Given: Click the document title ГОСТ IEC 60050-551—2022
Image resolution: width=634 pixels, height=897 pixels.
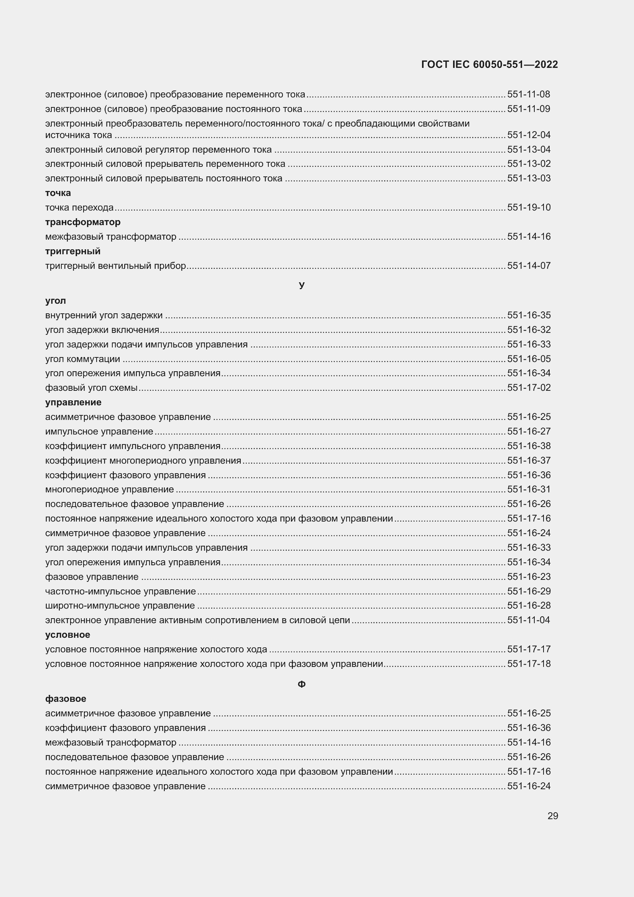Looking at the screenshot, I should [x=489, y=64].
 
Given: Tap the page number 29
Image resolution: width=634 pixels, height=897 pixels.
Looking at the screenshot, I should [x=552, y=816].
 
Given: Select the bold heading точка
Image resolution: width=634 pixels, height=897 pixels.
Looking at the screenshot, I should [x=58, y=193].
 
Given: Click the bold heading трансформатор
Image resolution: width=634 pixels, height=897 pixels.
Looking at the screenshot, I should [x=83, y=222].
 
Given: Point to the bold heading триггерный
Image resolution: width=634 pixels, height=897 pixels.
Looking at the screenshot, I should [x=73, y=251].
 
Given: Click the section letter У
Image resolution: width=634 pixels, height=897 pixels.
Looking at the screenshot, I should [x=301, y=285].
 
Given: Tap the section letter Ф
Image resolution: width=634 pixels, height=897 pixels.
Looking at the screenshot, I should [x=301, y=684].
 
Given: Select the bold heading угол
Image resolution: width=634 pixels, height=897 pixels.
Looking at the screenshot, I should [x=56, y=301].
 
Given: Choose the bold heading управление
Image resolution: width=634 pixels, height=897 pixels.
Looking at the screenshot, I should [x=73, y=402].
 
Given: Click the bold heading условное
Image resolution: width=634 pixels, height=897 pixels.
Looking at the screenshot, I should [x=67, y=635].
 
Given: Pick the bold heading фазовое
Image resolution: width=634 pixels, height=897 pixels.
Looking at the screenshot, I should [x=66, y=698].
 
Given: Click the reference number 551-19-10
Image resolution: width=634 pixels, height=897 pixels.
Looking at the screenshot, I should [x=529, y=207].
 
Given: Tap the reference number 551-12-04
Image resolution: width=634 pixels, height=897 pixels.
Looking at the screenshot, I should [x=529, y=135].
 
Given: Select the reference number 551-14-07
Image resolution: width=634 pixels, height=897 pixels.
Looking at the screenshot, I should [x=529, y=266].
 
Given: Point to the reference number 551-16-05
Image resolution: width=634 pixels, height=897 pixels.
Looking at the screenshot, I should [x=529, y=359].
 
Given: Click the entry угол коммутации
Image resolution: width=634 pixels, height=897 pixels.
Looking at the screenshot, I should [x=83, y=359].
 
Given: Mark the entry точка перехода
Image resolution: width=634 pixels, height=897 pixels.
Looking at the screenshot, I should [x=79, y=207].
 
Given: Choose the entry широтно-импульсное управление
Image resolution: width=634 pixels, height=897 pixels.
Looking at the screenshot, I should [x=120, y=606].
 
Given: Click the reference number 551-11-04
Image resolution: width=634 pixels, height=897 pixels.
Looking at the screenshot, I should [x=529, y=620].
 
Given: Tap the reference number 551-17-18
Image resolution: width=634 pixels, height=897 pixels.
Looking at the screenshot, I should [x=529, y=664].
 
